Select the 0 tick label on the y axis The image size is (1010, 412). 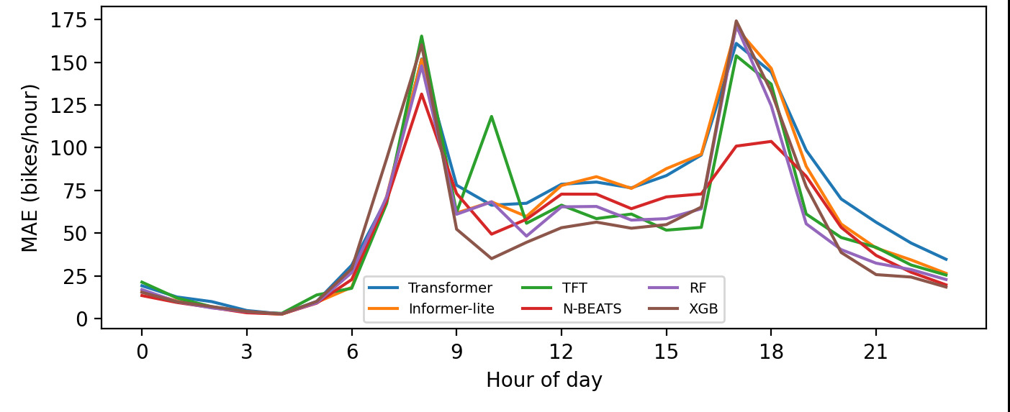(x=82, y=319)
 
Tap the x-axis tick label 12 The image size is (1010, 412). (x=561, y=352)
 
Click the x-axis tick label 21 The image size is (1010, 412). (x=875, y=352)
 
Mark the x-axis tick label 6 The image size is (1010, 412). (x=351, y=352)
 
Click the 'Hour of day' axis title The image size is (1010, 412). (x=544, y=380)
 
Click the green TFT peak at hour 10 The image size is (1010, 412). (x=491, y=116)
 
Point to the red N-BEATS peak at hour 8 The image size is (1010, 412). (x=421, y=94)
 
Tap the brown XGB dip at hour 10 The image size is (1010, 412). (x=491, y=258)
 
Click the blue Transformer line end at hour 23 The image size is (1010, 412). (x=946, y=260)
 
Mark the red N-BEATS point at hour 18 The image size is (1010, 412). (x=771, y=141)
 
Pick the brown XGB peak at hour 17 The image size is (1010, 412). (x=736, y=21)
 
